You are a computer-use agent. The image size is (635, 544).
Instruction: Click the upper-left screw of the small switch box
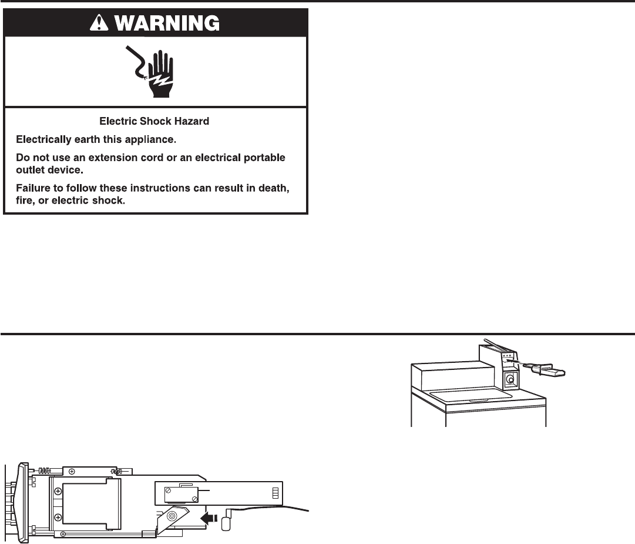(x=168, y=490)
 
